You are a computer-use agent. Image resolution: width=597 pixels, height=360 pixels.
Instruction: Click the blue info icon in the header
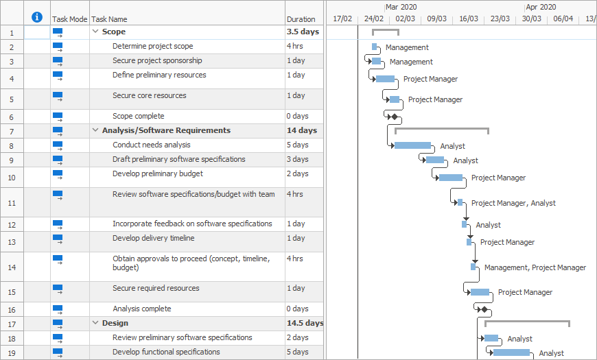[x=37, y=17]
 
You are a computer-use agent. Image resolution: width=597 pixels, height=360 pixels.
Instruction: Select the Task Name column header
[x=110, y=19]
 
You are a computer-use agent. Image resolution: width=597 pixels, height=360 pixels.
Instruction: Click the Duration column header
[x=301, y=19]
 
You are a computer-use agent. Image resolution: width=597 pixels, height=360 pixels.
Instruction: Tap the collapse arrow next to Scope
[x=95, y=32]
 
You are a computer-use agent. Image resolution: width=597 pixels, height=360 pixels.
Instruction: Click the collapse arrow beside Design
[x=95, y=323]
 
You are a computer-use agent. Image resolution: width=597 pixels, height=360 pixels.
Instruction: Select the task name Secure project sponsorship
[x=157, y=61]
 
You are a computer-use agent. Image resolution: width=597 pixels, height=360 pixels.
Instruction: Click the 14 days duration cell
[x=302, y=130]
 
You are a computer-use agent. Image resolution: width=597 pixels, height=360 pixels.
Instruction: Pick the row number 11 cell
[x=12, y=203]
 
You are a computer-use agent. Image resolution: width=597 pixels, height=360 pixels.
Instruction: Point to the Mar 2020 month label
[x=401, y=7]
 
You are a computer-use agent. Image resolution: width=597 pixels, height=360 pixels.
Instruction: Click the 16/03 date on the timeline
[x=469, y=19]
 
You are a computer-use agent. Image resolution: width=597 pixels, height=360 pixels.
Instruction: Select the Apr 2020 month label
[x=541, y=7]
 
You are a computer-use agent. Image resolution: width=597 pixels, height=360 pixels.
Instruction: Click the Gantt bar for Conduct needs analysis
[x=412, y=145]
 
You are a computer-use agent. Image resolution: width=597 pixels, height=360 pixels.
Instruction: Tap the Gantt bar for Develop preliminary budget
[x=451, y=178]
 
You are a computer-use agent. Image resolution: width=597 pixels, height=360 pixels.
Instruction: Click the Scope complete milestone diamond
[x=395, y=117]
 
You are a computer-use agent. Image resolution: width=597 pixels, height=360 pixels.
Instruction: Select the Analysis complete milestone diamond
[x=484, y=309]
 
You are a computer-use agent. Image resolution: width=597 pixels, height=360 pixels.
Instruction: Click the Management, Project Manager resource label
[x=535, y=267]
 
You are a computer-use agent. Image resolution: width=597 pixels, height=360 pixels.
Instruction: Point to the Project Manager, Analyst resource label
[x=513, y=203]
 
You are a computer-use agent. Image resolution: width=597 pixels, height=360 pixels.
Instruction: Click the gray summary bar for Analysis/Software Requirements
[x=442, y=128]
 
